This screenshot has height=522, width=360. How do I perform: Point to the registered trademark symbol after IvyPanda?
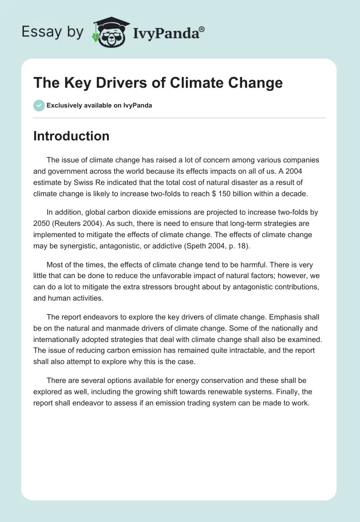point(202,28)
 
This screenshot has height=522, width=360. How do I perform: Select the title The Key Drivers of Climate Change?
point(158,83)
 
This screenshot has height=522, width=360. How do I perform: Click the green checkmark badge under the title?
point(39,105)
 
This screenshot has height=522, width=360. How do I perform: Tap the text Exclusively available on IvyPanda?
point(99,106)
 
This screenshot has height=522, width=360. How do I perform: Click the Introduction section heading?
point(71,136)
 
